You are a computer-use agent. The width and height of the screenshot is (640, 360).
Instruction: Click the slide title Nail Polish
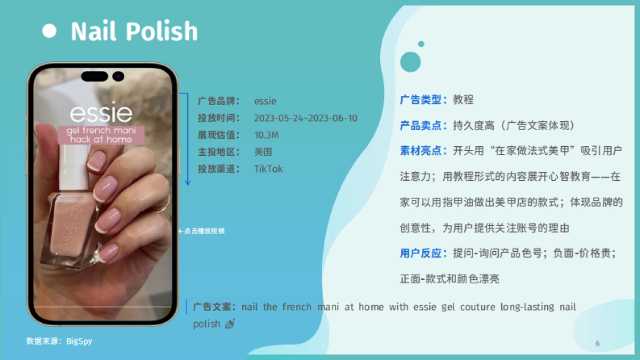click(134, 31)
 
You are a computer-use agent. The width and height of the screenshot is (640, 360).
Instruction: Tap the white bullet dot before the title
click(49, 31)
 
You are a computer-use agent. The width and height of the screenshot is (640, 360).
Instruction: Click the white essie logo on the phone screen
click(101, 114)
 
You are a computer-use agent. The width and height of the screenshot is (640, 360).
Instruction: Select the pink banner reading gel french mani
click(101, 135)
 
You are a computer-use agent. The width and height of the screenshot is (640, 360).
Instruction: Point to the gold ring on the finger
click(160, 205)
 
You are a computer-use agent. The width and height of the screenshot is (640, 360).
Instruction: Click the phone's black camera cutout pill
click(95, 76)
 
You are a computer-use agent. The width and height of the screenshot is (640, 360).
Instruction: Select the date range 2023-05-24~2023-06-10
click(306, 118)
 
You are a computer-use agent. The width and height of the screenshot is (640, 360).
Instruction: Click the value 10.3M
click(266, 135)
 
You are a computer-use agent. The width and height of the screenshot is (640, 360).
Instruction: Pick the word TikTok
click(268, 169)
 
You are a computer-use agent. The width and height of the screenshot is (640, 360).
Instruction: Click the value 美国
click(263, 152)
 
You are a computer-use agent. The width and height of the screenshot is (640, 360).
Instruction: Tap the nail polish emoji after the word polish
click(230, 323)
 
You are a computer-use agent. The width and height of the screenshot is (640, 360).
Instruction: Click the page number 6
click(597, 343)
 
